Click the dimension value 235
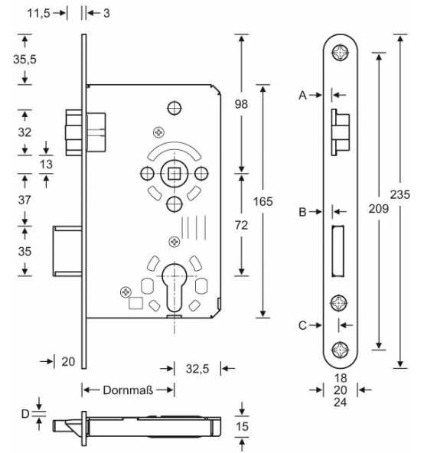click(400, 194)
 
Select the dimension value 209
click(379, 209)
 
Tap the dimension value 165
click(263, 201)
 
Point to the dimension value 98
click(241, 104)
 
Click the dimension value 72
click(241, 225)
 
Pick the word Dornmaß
click(128, 390)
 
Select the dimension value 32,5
click(197, 369)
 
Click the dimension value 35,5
click(24, 60)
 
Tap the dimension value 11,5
click(39, 13)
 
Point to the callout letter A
click(302, 95)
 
